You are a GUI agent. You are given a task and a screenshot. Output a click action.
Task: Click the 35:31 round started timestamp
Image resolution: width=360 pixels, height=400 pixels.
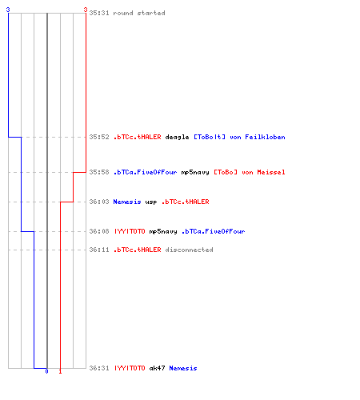[99, 13]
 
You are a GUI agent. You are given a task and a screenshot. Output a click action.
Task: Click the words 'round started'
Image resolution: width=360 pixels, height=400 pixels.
[139, 13]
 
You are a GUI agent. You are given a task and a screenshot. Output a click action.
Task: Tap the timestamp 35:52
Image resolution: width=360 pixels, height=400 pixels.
[99, 137]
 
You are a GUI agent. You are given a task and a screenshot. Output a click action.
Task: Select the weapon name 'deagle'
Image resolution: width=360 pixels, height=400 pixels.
[177, 137]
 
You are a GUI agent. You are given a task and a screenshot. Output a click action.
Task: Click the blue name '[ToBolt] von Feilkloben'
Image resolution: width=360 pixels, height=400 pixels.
[239, 137]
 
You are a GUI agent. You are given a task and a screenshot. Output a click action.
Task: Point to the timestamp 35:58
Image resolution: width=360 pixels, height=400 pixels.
[99, 172]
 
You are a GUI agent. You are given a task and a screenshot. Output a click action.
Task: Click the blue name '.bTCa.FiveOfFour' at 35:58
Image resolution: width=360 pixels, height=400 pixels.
[145, 172]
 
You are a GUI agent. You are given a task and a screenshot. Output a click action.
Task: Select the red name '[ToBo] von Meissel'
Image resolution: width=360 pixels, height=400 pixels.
[250, 172]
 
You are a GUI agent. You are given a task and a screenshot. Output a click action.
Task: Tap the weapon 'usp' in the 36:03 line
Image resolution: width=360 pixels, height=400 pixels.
[151, 202]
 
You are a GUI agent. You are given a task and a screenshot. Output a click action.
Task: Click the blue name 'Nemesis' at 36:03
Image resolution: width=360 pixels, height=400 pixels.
[127, 202]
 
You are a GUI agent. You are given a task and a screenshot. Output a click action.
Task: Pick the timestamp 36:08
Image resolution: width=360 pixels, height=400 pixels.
[99, 231]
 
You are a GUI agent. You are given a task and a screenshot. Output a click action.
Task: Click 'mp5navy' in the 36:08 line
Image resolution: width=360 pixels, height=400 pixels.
[163, 231]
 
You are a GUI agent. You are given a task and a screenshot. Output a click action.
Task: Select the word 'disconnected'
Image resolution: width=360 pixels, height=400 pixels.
[189, 250]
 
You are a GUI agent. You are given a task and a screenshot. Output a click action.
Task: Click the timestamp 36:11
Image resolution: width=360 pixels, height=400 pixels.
[99, 250]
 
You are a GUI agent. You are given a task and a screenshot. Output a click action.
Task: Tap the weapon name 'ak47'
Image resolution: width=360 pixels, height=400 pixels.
[157, 368]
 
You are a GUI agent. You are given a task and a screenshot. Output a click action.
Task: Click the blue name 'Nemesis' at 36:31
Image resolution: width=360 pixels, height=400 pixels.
[183, 368]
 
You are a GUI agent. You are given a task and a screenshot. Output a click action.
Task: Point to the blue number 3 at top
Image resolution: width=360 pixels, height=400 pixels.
[8, 10]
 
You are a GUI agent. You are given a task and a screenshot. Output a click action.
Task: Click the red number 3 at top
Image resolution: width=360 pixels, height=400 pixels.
[86, 10]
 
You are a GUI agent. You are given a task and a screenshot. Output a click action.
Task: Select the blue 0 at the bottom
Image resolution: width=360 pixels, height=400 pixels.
[46, 371]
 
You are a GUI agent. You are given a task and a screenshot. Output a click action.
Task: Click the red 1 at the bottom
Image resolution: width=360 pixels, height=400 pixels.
[60, 371]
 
